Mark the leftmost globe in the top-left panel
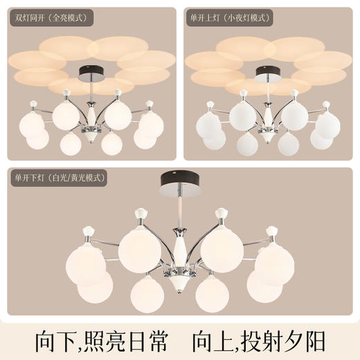pyautogui.click(x=30, y=125)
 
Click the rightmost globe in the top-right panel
pyautogui.click(x=328, y=125)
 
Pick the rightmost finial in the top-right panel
pyautogui.click(x=327, y=104)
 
